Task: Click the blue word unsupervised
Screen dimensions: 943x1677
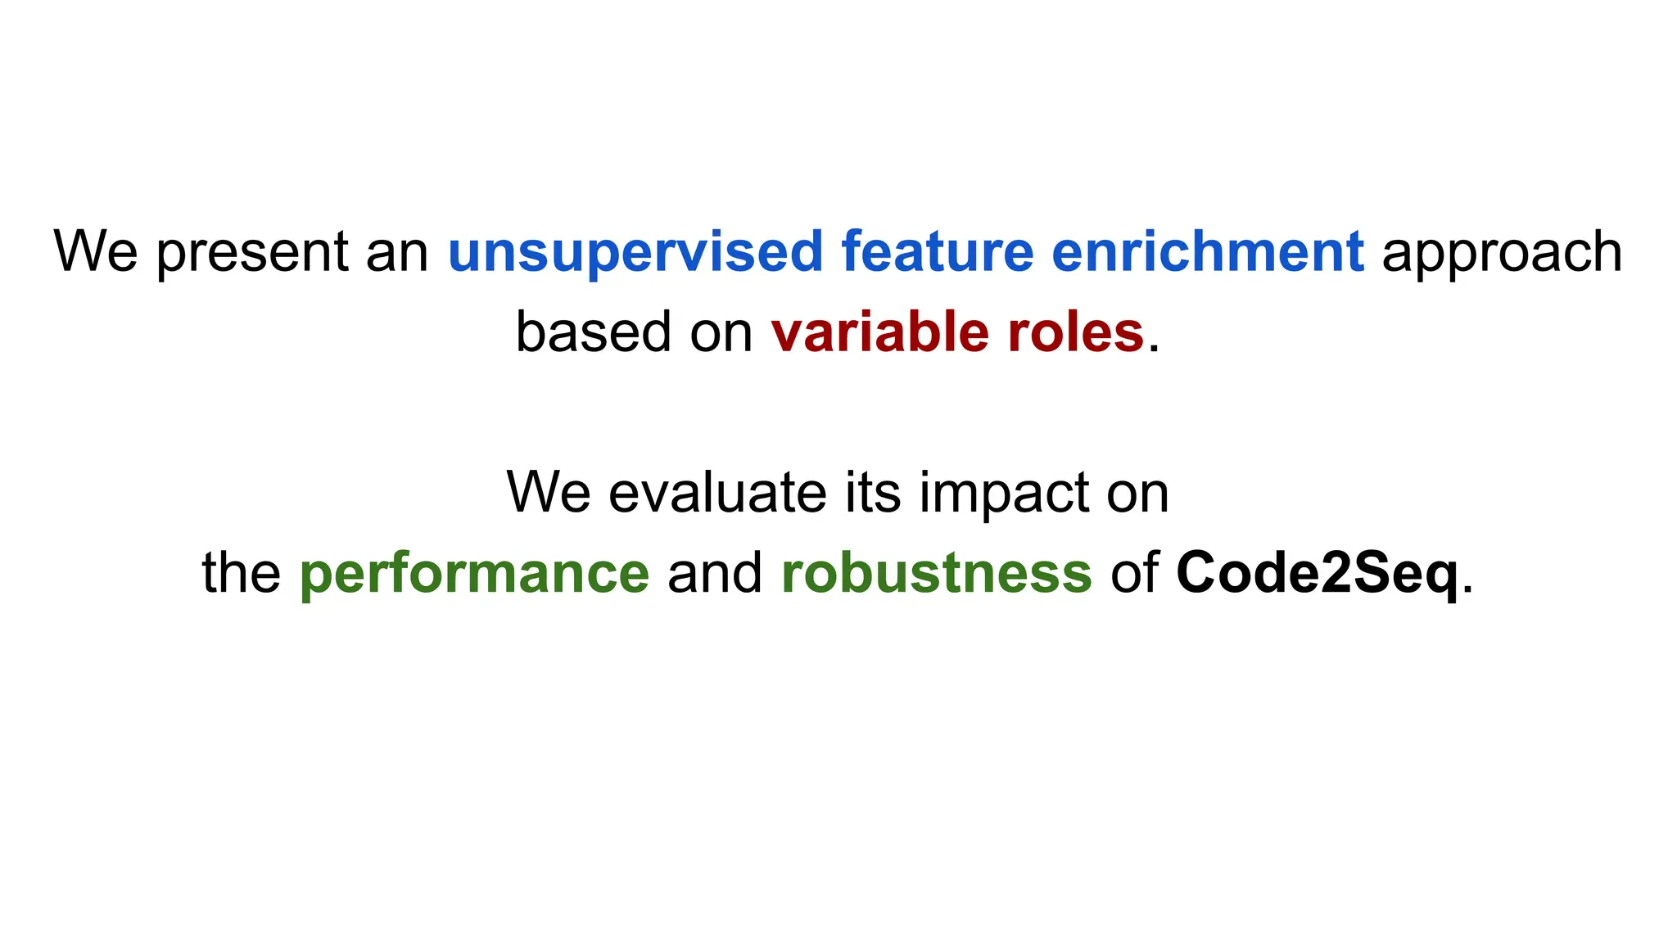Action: click(635, 252)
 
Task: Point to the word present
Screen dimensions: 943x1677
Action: click(252, 252)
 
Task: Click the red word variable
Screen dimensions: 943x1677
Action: click(879, 332)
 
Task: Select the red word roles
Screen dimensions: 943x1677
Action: click(1075, 332)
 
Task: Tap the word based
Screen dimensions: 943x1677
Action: click(594, 332)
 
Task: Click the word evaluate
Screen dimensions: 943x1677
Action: click(717, 493)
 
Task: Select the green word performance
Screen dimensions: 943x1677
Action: click(474, 573)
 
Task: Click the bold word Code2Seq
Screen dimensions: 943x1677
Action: click(1318, 573)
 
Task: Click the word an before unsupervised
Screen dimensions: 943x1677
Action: click(397, 252)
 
